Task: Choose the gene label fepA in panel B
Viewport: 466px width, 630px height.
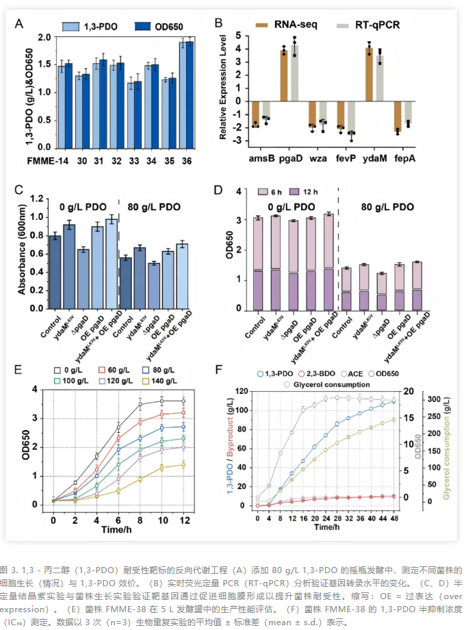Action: coord(404,155)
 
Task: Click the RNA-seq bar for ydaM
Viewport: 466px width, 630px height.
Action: coord(369,74)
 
